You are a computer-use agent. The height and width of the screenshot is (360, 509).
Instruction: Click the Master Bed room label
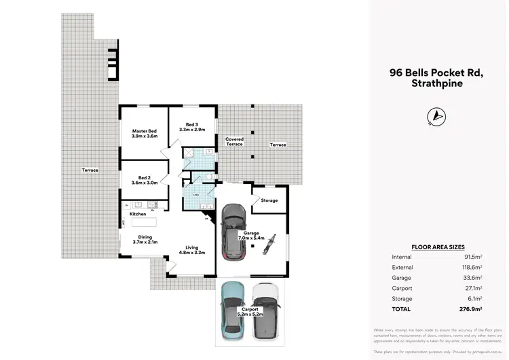144,133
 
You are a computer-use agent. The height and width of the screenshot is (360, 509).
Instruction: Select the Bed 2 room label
143,179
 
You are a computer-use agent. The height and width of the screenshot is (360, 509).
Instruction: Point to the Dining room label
145,239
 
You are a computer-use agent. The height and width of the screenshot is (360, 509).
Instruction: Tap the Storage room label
269,200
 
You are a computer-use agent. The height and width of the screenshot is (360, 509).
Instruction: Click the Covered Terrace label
234,141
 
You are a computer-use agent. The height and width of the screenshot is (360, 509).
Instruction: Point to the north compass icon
436,117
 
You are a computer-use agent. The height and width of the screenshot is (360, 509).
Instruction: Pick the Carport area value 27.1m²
472,288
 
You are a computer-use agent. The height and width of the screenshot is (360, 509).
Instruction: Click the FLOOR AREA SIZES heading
438,247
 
